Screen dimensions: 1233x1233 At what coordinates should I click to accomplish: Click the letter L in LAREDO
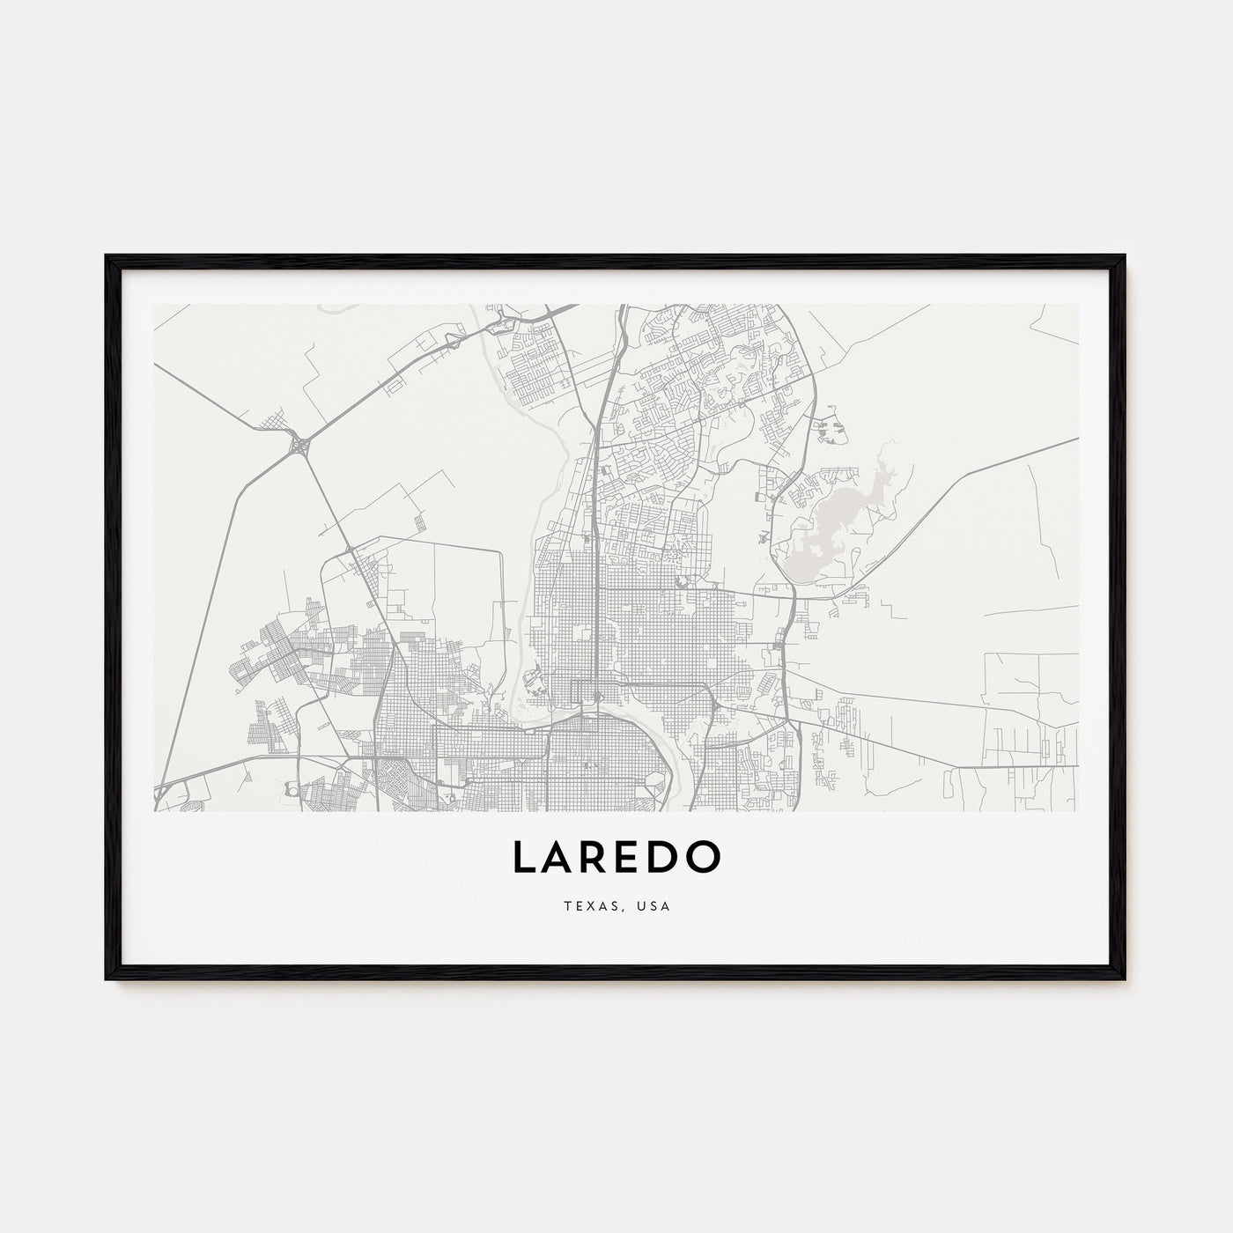[x=523, y=858]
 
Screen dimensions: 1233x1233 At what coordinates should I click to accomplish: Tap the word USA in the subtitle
[x=656, y=906]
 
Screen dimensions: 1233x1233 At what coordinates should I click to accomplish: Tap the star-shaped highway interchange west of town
[x=299, y=445]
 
